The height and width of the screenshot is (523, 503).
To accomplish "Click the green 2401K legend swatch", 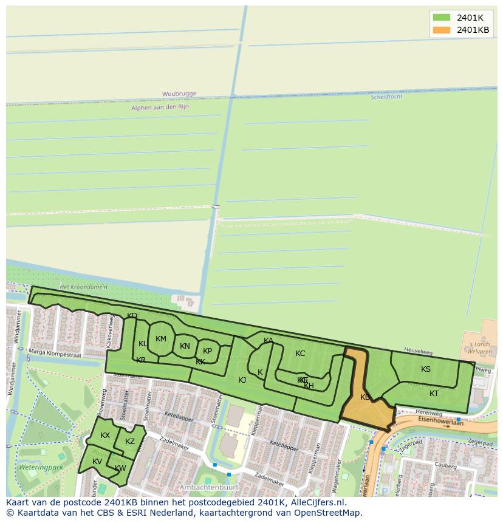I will click(442, 18).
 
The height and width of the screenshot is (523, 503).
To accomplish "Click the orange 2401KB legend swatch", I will click(442, 30).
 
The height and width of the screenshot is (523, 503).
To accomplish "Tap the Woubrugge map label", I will click(179, 94).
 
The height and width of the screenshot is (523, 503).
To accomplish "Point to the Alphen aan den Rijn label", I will click(160, 107).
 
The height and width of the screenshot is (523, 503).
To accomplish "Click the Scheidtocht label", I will click(386, 97).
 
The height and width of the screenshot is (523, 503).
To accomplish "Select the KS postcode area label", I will click(426, 369).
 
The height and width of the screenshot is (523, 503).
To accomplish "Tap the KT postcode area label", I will click(434, 394).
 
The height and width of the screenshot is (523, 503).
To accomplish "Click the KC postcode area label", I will click(300, 354).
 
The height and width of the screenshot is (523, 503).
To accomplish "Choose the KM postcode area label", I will click(160, 339).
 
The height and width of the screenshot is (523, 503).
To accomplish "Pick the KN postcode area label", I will click(185, 346).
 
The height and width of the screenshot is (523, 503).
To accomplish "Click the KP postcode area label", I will click(207, 350).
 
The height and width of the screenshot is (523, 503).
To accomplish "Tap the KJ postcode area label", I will click(242, 380).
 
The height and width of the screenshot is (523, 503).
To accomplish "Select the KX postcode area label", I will click(105, 436).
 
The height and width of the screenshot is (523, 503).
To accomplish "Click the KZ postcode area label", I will click(129, 442).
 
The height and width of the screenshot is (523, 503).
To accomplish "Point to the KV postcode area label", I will click(97, 462).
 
